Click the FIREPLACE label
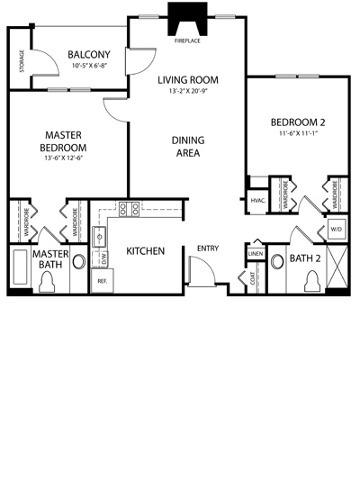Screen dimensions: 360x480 (x=187, y=41)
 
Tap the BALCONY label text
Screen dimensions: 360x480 (x=89, y=55)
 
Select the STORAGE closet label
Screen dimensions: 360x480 (x=22, y=61)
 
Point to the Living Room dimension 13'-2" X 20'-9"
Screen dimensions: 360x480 (x=188, y=91)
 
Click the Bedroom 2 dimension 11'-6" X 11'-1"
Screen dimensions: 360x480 (x=298, y=133)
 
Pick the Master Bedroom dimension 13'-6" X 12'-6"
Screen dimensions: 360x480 (x=63, y=158)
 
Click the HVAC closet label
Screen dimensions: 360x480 (x=257, y=201)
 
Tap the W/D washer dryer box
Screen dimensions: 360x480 (x=337, y=229)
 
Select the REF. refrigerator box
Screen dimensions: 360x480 (x=103, y=281)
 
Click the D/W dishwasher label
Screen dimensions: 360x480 (x=104, y=259)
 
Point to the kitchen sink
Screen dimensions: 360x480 (x=99, y=236)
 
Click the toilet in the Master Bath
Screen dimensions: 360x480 (x=47, y=282)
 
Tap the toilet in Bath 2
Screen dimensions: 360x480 (x=312, y=281)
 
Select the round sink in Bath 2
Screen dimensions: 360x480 (x=278, y=261)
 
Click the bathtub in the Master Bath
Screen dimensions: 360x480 (x=20, y=267)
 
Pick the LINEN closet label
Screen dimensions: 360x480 (x=256, y=254)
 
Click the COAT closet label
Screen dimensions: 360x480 (x=253, y=278)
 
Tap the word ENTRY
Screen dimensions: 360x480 (x=208, y=249)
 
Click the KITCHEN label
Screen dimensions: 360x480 (x=145, y=251)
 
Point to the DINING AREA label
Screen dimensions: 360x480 (x=188, y=146)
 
